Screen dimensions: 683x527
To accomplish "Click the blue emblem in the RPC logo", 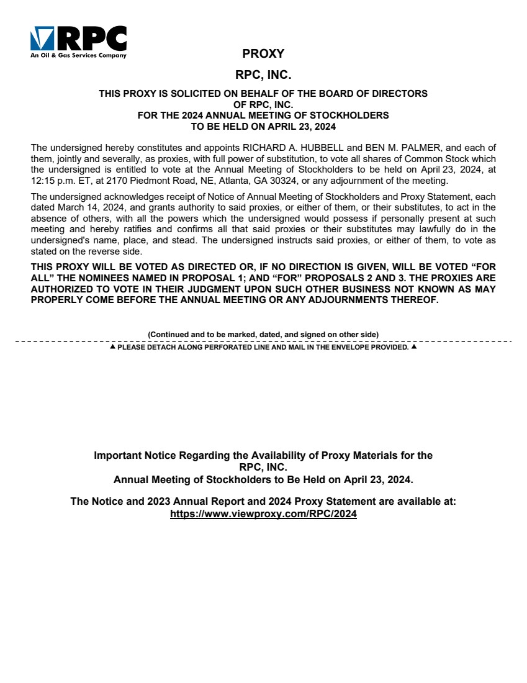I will click(x=42, y=38).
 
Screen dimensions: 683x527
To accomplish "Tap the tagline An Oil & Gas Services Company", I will click(x=78, y=55).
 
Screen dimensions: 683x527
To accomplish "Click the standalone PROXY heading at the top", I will click(x=263, y=54).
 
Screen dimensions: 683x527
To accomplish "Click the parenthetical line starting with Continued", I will click(x=263, y=335).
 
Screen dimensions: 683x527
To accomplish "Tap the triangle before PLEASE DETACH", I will click(x=112, y=347).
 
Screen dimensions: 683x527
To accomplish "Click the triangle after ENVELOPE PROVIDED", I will click(x=414, y=347).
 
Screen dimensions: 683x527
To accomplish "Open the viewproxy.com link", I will click(x=263, y=515).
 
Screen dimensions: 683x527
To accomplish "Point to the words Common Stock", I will click(x=438, y=158).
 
